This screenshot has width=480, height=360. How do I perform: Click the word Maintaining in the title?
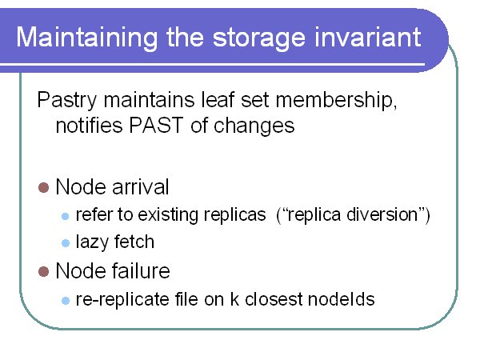87,38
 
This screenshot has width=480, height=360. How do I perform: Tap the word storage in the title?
258,38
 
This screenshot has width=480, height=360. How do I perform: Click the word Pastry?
66,101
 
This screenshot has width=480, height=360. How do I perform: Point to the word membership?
336,99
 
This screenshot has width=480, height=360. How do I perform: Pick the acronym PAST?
156,126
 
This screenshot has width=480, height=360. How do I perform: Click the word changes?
254,126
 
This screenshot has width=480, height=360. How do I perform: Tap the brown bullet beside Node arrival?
43,187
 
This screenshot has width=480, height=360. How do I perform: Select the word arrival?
141,186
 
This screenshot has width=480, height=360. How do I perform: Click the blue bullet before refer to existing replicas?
66,217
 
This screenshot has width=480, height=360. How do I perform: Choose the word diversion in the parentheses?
382,214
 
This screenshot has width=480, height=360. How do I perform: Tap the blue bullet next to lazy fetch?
66,243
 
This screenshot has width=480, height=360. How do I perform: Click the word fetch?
134,242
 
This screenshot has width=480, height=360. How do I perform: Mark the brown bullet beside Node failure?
43,271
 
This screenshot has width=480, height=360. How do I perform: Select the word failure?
141,270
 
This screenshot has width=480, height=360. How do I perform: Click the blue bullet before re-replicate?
66,300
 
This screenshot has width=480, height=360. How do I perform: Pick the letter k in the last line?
234,298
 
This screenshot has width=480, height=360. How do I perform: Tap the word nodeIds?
342,298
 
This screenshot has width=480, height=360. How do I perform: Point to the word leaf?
218,99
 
